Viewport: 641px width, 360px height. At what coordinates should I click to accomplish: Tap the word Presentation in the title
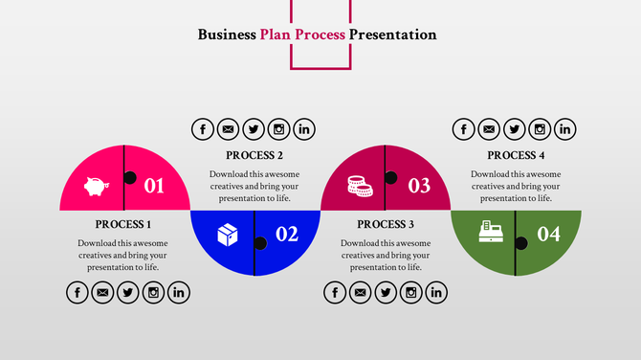[x=392, y=35]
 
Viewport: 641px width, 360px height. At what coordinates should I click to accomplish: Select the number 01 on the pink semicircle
[x=154, y=186]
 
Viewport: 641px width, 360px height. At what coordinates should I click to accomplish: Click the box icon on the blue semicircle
[x=227, y=234]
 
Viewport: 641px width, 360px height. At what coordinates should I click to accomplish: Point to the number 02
[x=287, y=234]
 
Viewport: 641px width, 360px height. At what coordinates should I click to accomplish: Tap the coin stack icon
[x=359, y=185]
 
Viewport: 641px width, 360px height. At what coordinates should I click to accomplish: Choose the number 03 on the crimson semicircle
[x=419, y=186]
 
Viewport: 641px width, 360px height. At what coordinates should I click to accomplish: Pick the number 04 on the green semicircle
[x=548, y=234]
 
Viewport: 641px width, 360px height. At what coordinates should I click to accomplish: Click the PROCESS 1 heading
[x=123, y=224]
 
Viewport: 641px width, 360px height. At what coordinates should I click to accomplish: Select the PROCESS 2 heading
[x=254, y=155]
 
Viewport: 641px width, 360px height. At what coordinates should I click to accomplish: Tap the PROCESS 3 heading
[x=386, y=224]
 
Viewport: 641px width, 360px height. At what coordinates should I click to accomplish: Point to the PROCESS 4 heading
[x=516, y=155]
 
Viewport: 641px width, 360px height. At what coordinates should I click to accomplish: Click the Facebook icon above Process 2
[x=203, y=129]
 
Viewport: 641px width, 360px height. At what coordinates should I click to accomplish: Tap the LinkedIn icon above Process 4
[x=565, y=129]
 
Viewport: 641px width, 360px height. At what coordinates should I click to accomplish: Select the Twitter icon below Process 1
[x=128, y=293]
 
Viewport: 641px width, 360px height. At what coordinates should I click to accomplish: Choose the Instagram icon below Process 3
[x=411, y=293]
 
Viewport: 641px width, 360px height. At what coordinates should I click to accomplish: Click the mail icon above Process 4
[x=489, y=129]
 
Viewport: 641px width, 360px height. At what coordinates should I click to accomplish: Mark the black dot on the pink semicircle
[x=130, y=177]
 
